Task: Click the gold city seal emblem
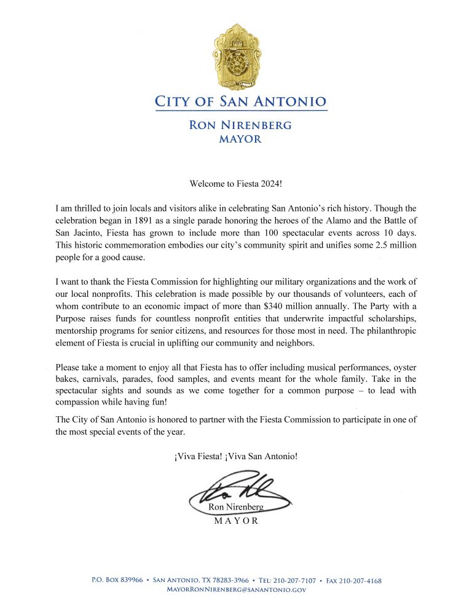[x=236, y=58]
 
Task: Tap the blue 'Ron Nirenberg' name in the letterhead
[x=240, y=125]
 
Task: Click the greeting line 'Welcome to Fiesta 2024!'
[x=236, y=183]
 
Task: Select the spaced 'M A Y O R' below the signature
[x=236, y=521]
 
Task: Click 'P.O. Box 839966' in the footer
[x=117, y=580]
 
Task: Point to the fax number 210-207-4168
[x=363, y=580]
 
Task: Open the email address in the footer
[x=236, y=589]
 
